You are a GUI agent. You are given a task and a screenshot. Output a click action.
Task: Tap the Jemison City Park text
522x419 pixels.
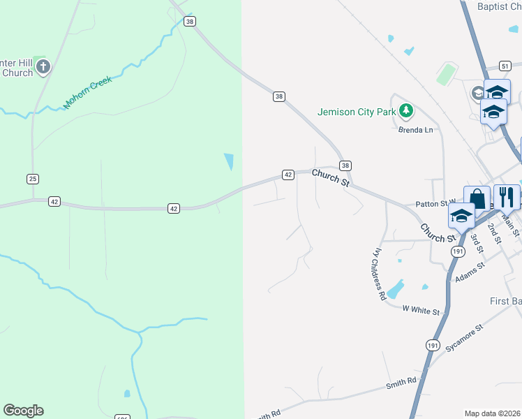[357, 111]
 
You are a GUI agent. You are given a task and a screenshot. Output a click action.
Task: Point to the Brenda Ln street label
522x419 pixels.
[415, 130]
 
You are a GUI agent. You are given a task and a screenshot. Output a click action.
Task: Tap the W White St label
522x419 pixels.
[422, 311]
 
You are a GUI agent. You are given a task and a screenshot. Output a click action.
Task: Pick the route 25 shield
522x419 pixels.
[33, 179]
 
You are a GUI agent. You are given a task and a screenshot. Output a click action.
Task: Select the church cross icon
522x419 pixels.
[43, 67]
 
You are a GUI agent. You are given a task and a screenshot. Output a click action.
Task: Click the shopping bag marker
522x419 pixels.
[477, 198]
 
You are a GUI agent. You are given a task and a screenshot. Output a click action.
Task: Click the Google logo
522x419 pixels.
[23, 411]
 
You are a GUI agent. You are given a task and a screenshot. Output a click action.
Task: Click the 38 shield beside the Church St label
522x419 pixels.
[345, 166]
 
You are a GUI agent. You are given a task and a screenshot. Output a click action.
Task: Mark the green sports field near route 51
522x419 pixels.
[447, 74]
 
